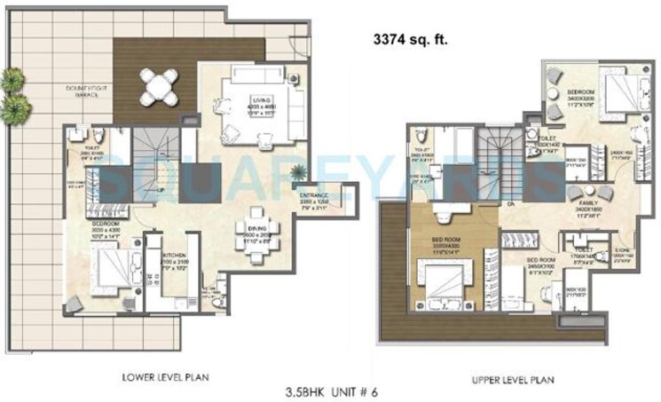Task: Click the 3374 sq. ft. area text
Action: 412,40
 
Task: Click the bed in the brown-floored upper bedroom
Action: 441,286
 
